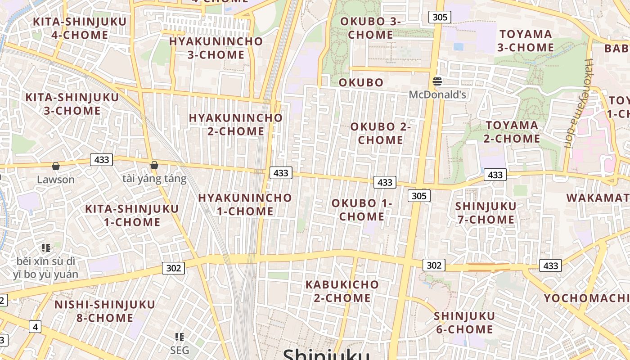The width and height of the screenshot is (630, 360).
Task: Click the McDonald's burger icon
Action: [437, 81]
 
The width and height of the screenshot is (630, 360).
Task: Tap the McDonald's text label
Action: [437, 94]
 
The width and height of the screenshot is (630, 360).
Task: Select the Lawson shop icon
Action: [55, 166]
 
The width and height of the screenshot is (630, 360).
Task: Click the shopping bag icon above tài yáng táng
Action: [154, 165]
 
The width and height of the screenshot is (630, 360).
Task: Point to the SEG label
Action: [180, 350]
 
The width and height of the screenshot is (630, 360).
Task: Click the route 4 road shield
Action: [35, 326]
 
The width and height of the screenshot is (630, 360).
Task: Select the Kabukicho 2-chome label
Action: [342, 291]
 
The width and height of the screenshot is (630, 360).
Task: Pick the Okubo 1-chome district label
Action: [362, 210]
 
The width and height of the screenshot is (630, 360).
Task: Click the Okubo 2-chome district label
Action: [381, 133]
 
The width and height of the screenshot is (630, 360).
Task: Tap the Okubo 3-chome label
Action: [370, 28]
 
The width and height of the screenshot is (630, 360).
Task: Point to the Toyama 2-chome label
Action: [512, 132]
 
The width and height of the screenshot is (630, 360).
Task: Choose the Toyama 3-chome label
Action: [526, 40]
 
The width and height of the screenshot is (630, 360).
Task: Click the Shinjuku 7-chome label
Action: [486, 213]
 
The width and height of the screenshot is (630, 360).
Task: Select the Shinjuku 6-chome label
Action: [464, 323]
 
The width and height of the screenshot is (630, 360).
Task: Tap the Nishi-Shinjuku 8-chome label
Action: [104, 311]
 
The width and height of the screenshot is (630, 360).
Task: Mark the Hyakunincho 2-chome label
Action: [236, 124]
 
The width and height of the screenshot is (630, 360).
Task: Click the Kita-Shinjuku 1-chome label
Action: [132, 215]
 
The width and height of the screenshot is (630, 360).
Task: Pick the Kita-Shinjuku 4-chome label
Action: [80, 28]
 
